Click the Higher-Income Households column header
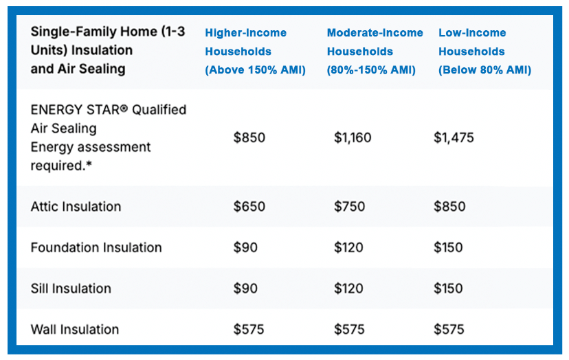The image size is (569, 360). coord(255,51)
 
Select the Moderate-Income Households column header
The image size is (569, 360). coord(375,51)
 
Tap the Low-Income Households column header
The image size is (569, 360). coord(484,51)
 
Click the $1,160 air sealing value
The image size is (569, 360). coord(353,137)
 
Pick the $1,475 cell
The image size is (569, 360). coord(454,137)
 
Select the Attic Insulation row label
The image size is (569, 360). coord(76,207)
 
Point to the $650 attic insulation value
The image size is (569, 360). coord(249,207)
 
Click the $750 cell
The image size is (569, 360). coord(350,207)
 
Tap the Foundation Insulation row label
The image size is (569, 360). coord(96,247)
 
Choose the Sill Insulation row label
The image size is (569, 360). coord(71,289)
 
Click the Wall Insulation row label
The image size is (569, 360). coord(75,330)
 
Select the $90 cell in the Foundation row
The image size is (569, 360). coord(245,247)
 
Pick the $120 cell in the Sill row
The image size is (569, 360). coord(348,289)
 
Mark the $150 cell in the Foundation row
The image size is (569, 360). coord(448,247)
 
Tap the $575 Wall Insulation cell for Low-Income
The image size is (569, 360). coord(449,330)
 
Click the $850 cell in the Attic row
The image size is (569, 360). coord(449,207)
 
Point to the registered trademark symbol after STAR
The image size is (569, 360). coord(124,108)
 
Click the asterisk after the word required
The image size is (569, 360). coord(89,164)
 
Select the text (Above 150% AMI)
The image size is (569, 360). coord(255,69)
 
